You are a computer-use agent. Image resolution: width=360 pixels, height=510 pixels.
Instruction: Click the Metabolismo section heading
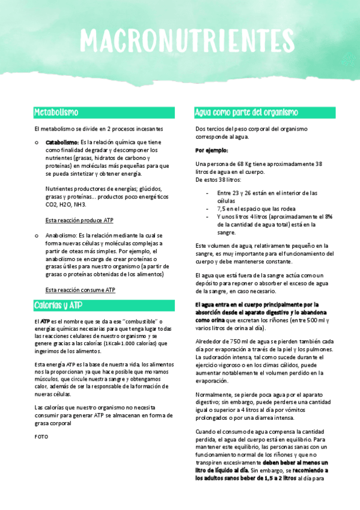pos(56,112)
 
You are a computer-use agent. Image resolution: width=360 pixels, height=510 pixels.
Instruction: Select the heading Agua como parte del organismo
pos(246,112)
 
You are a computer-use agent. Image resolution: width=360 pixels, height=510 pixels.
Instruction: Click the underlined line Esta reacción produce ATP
pos(80,220)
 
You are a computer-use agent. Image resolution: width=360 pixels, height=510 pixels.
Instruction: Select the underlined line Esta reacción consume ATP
pos(81,290)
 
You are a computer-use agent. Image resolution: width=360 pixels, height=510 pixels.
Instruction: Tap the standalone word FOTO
pos(41,437)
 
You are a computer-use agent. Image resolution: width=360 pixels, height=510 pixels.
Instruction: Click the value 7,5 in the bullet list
pos(221,208)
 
